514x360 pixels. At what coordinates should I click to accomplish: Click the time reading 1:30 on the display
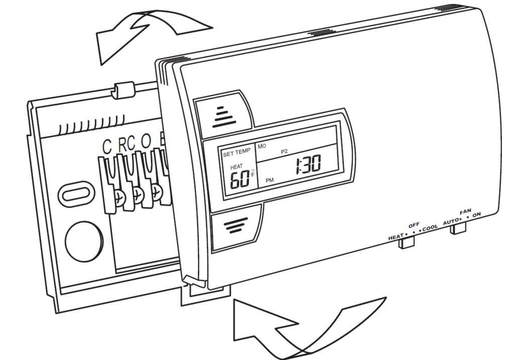point(306,164)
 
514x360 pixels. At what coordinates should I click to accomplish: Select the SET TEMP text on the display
point(237,155)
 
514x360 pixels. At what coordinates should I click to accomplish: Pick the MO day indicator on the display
point(261,146)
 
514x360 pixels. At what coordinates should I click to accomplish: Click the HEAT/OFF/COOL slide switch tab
point(406,243)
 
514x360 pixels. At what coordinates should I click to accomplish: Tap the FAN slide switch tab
point(457,228)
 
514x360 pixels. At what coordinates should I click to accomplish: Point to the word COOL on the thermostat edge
point(429,227)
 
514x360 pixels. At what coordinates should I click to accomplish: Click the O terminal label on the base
point(146,147)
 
